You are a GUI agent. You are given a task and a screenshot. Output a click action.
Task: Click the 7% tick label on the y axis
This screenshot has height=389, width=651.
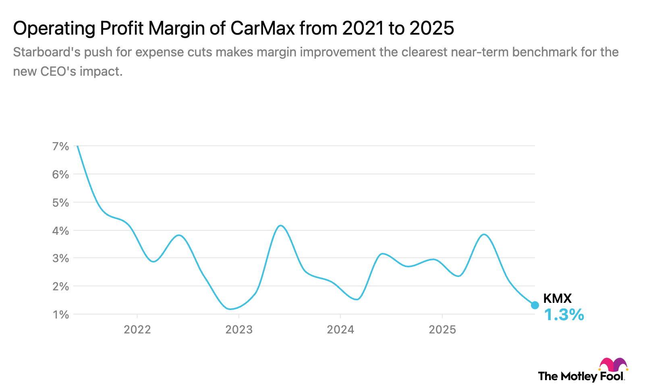coord(60,146)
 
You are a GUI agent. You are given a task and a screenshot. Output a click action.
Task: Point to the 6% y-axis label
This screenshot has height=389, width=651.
coord(60,174)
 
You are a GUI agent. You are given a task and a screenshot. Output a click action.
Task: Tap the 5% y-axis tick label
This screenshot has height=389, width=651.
coord(60,203)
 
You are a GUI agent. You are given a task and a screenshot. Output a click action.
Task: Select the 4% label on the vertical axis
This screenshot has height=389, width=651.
coord(60,231)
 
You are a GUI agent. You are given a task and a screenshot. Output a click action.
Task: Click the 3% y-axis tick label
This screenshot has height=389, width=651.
coord(60,258)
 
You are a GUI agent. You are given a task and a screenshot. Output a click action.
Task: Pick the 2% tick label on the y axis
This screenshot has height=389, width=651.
coord(60,286)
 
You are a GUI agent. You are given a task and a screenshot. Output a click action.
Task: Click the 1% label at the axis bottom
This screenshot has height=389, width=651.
coord(60,315)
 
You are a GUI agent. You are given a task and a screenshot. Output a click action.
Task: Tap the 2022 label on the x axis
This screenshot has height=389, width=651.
coord(137,330)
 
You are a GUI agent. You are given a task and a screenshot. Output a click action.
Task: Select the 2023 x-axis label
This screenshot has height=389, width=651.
coord(239,330)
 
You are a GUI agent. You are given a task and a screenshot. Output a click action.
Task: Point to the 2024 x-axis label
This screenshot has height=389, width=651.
coord(340,330)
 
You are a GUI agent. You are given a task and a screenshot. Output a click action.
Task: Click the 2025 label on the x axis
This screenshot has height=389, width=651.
coord(442,330)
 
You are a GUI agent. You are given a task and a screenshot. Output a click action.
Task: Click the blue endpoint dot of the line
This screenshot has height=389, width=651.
coord(535,305)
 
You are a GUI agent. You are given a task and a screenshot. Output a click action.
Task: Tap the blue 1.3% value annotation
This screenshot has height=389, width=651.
coord(564,315)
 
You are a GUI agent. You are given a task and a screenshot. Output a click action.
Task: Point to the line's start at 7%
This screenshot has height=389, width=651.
coord(77,146)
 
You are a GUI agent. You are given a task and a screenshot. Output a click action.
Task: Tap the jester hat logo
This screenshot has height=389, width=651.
coord(613,365)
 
